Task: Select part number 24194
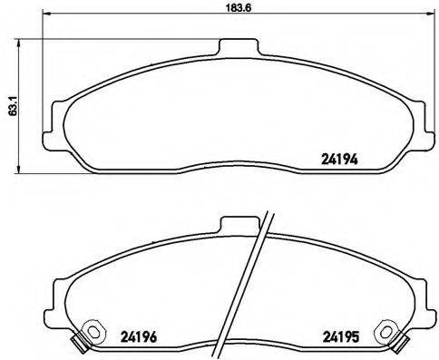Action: [340, 157]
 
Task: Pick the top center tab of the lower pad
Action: [238, 222]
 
